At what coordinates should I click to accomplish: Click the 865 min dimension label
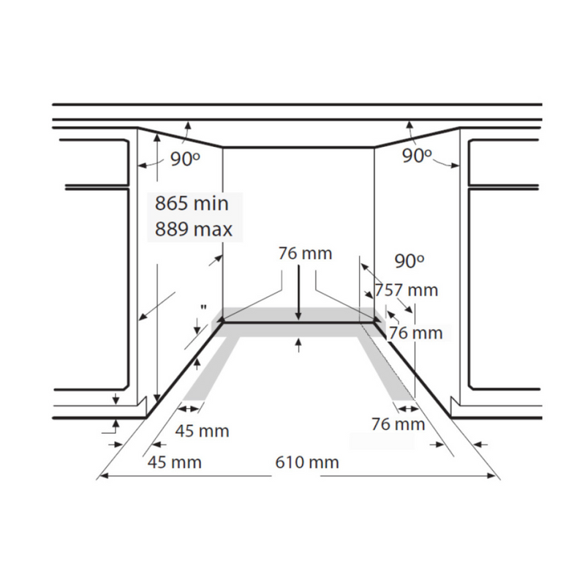(x=192, y=204)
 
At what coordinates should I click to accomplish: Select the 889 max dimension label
(x=194, y=229)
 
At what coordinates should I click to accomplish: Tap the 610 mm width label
(x=307, y=462)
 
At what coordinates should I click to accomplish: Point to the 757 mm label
(x=407, y=290)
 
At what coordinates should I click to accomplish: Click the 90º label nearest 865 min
(x=186, y=159)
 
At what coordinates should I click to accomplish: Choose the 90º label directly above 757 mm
(x=409, y=261)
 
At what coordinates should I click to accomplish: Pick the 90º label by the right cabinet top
(x=417, y=155)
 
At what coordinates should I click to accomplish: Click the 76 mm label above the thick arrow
(x=305, y=253)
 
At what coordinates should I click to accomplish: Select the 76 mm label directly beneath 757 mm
(x=415, y=333)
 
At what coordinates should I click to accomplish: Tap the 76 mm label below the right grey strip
(x=398, y=424)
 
